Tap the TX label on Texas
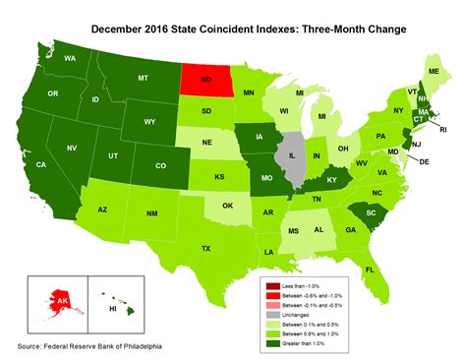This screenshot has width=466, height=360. pyautogui.click(x=205, y=249)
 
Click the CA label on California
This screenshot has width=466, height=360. pyautogui.click(x=42, y=164)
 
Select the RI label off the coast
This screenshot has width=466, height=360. pyautogui.click(x=441, y=129)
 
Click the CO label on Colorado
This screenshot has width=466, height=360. pyautogui.click(x=150, y=164)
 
